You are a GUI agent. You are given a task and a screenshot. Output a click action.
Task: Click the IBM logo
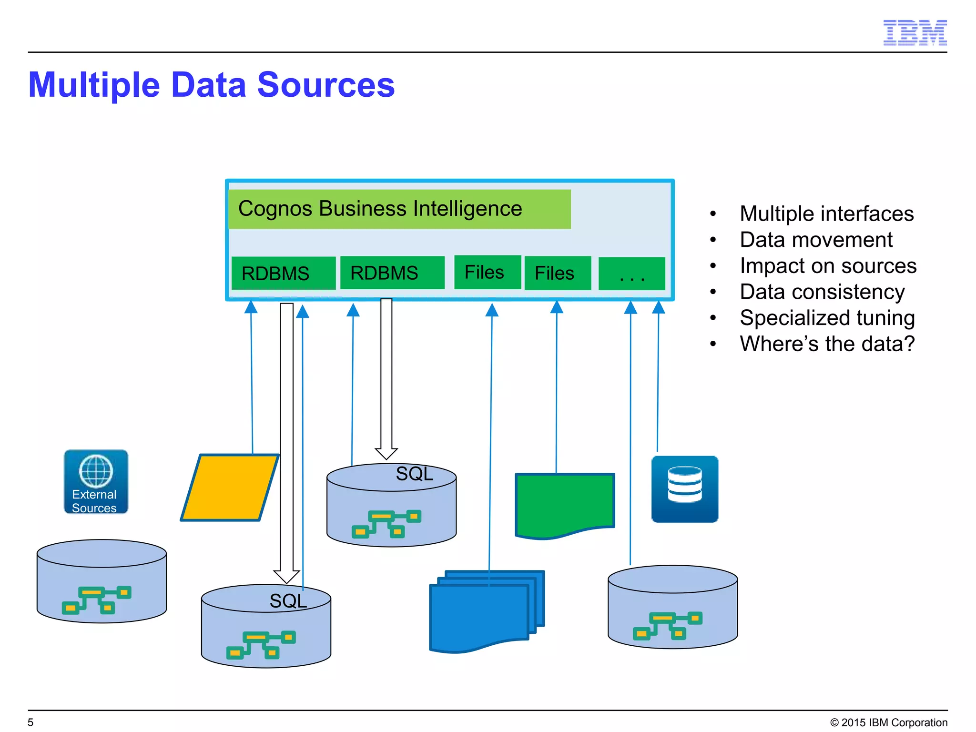(x=915, y=33)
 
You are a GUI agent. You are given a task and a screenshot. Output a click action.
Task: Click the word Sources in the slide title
(x=326, y=85)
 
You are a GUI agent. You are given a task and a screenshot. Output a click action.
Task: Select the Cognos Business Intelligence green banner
(x=399, y=209)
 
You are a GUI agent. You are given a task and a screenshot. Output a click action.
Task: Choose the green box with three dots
(x=631, y=274)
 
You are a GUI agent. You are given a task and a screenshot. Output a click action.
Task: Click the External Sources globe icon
(x=96, y=481)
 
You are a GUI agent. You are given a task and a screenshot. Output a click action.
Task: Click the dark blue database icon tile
(x=684, y=489)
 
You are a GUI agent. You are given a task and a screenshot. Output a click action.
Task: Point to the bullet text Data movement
(x=815, y=240)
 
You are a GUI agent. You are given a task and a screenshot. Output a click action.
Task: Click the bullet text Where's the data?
(x=827, y=344)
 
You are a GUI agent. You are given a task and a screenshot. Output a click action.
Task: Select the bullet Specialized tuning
(x=827, y=318)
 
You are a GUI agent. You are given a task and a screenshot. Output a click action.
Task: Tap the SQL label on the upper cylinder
(x=414, y=474)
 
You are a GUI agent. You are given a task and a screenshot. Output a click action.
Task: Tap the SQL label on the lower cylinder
(x=288, y=601)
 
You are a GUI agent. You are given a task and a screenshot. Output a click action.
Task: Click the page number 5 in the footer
(x=30, y=722)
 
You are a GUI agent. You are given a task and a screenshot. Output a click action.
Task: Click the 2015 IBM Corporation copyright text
(x=889, y=722)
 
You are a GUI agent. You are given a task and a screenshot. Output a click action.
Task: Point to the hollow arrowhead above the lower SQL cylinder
(x=286, y=576)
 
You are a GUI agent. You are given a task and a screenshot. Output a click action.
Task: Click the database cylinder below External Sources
(x=102, y=581)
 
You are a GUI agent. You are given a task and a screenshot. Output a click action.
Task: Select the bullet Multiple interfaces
(x=826, y=213)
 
